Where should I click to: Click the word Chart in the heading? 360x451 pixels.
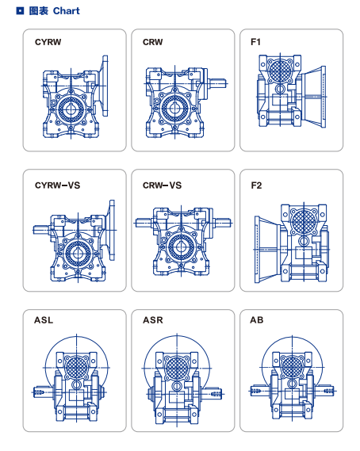66,11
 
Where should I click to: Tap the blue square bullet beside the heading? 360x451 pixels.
20,11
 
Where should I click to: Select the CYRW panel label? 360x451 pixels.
48,42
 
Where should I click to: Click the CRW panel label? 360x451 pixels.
152,42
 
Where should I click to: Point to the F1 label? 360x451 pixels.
255,42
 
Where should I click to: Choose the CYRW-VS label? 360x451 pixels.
57,185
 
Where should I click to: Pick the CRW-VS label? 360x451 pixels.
162,185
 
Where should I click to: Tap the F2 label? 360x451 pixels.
256,185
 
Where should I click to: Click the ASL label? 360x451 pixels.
44,320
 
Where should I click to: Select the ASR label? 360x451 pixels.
153,320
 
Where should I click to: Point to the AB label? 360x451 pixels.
257,320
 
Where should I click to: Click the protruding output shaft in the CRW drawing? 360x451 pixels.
217,84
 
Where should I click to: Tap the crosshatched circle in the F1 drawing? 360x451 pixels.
280,70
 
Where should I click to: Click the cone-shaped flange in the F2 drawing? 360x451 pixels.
267,250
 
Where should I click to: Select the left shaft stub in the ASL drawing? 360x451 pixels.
44,392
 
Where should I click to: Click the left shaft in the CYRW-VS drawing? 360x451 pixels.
42,230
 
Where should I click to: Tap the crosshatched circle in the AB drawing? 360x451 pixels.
292,367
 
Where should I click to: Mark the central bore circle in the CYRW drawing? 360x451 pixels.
71,109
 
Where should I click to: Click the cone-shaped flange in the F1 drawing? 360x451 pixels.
314,97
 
